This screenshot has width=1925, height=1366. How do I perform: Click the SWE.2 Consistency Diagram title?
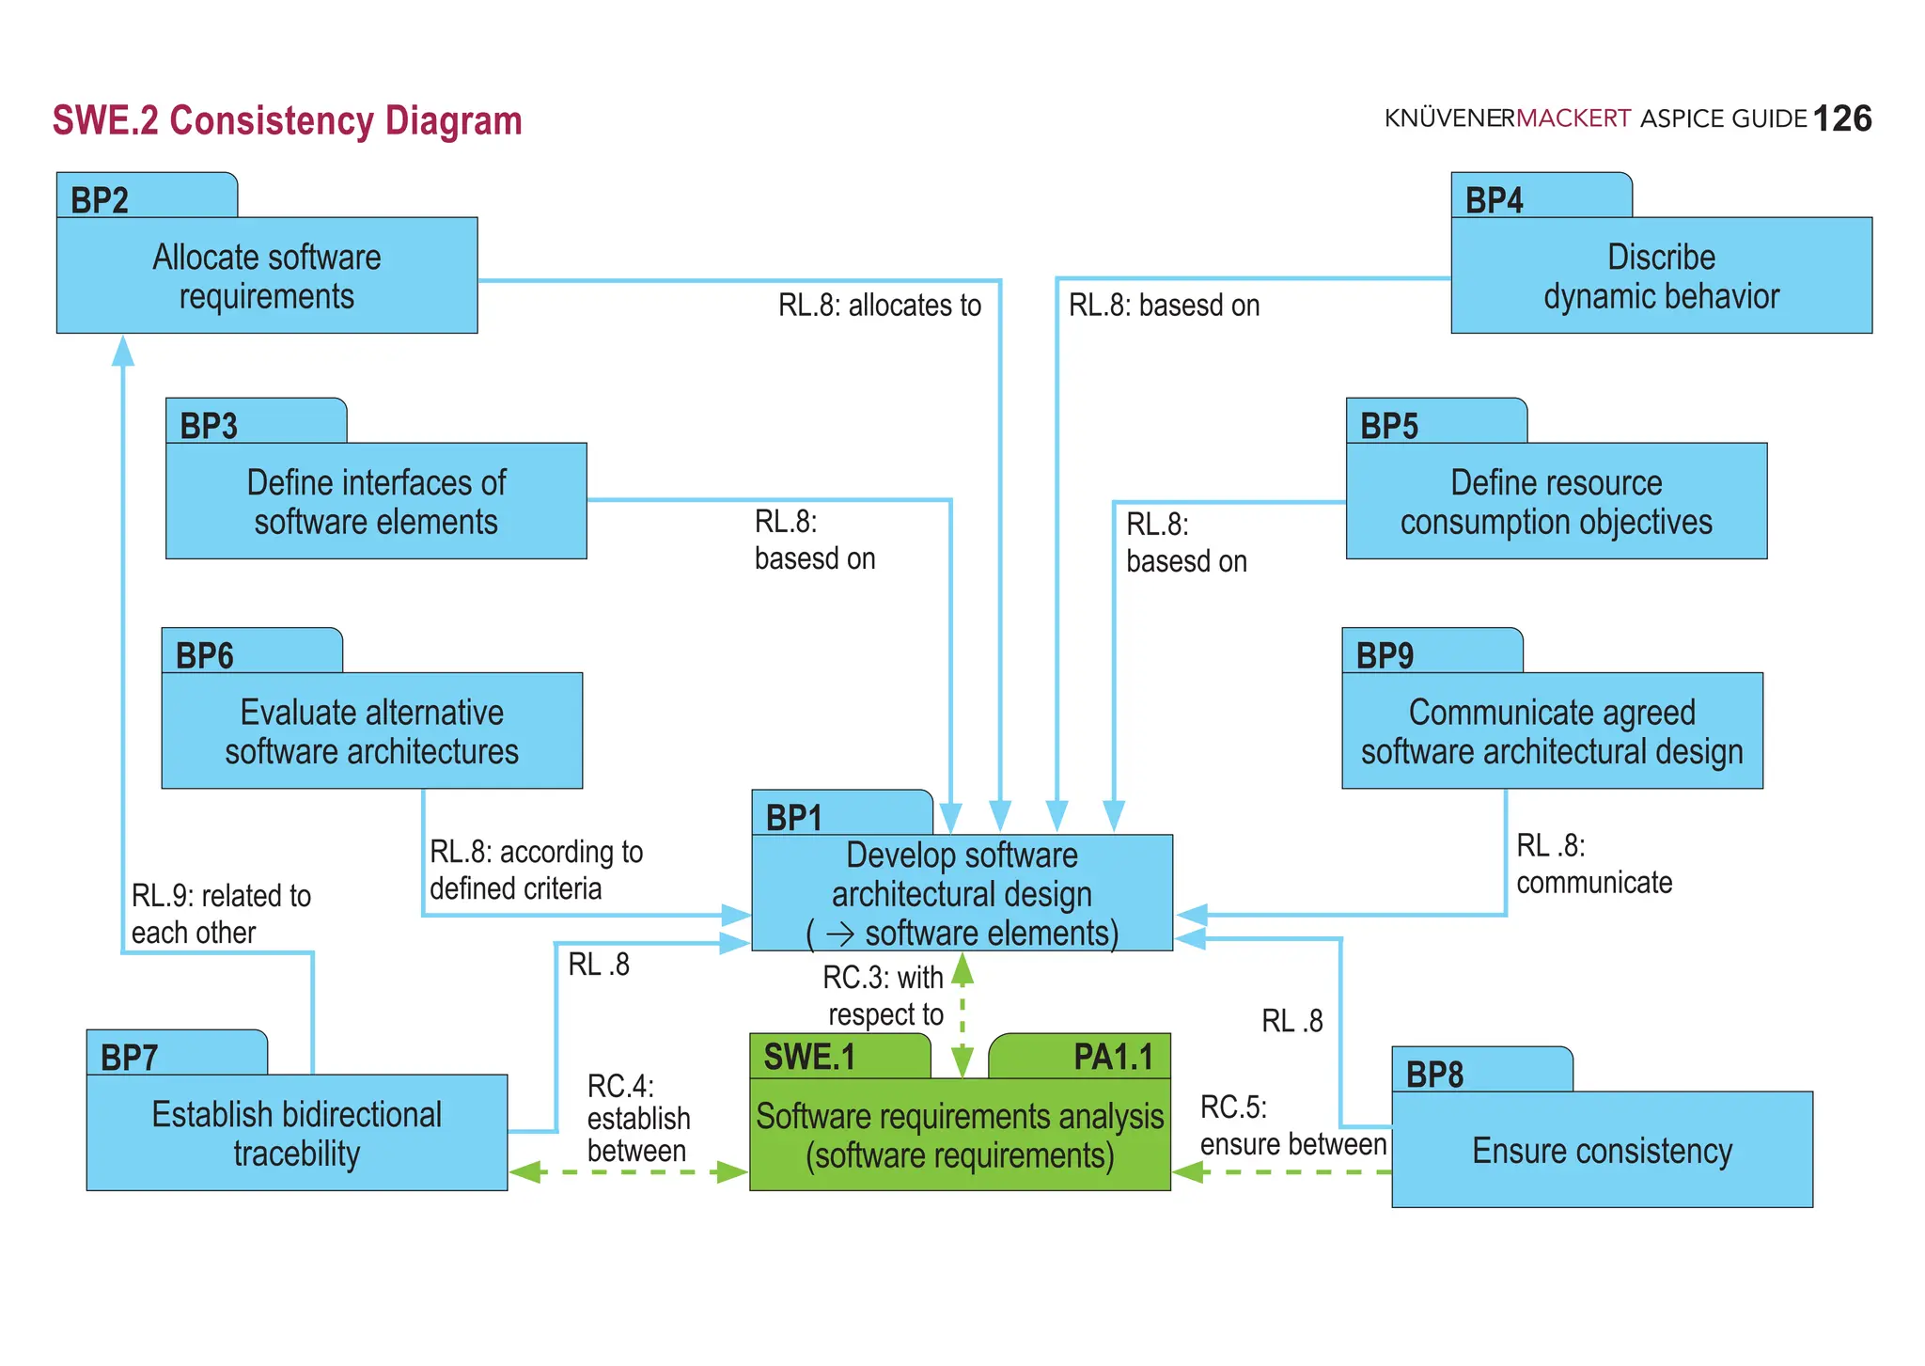287,121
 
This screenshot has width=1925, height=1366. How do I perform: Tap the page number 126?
1841,119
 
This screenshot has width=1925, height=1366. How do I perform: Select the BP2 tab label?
101,200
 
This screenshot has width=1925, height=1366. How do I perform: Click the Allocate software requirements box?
267,275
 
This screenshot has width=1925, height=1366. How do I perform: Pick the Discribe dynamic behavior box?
1661,275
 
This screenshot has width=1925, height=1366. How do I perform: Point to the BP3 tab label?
209,426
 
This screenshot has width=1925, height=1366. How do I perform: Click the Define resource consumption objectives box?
1556,501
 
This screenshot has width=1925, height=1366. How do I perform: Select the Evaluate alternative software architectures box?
371,730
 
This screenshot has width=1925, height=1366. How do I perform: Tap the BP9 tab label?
1385,655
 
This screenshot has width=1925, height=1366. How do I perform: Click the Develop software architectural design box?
962,892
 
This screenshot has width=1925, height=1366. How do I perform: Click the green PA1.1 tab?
1113,1057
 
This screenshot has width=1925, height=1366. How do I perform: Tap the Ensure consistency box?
1602,1150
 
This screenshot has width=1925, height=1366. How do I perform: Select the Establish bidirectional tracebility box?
296,1133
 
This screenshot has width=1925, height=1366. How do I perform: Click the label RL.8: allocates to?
879,306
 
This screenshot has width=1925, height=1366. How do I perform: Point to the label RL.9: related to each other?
221,913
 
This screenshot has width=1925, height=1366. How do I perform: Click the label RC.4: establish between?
637,1118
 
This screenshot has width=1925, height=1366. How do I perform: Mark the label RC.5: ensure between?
1292,1125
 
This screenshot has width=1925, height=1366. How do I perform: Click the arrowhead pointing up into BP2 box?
123,351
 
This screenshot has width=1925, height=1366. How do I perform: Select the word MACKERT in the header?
1573,118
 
